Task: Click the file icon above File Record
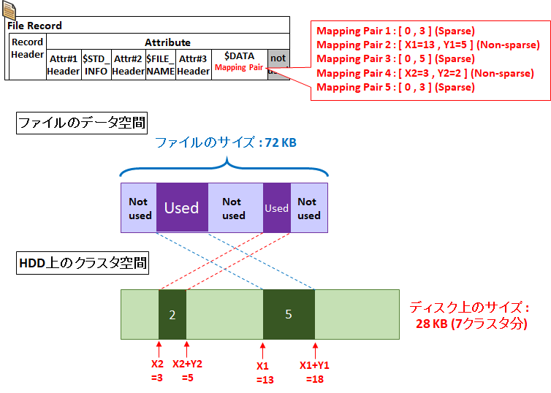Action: [8, 9]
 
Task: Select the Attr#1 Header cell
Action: [63, 64]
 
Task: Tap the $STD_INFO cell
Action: [96, 64]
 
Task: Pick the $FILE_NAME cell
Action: [160, 64]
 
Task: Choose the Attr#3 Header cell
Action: [193, 64]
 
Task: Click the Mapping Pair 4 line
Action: [425, 73]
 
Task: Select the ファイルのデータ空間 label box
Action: [82, 123]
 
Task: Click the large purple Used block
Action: [181, 208]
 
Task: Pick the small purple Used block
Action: [276, 208]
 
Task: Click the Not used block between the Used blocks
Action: [233, 208]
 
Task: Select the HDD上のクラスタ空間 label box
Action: [83, 264]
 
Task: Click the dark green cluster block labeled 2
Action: [172, 315]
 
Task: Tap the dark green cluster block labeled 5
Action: [289, 315]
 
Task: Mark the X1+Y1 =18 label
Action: [315, 372]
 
